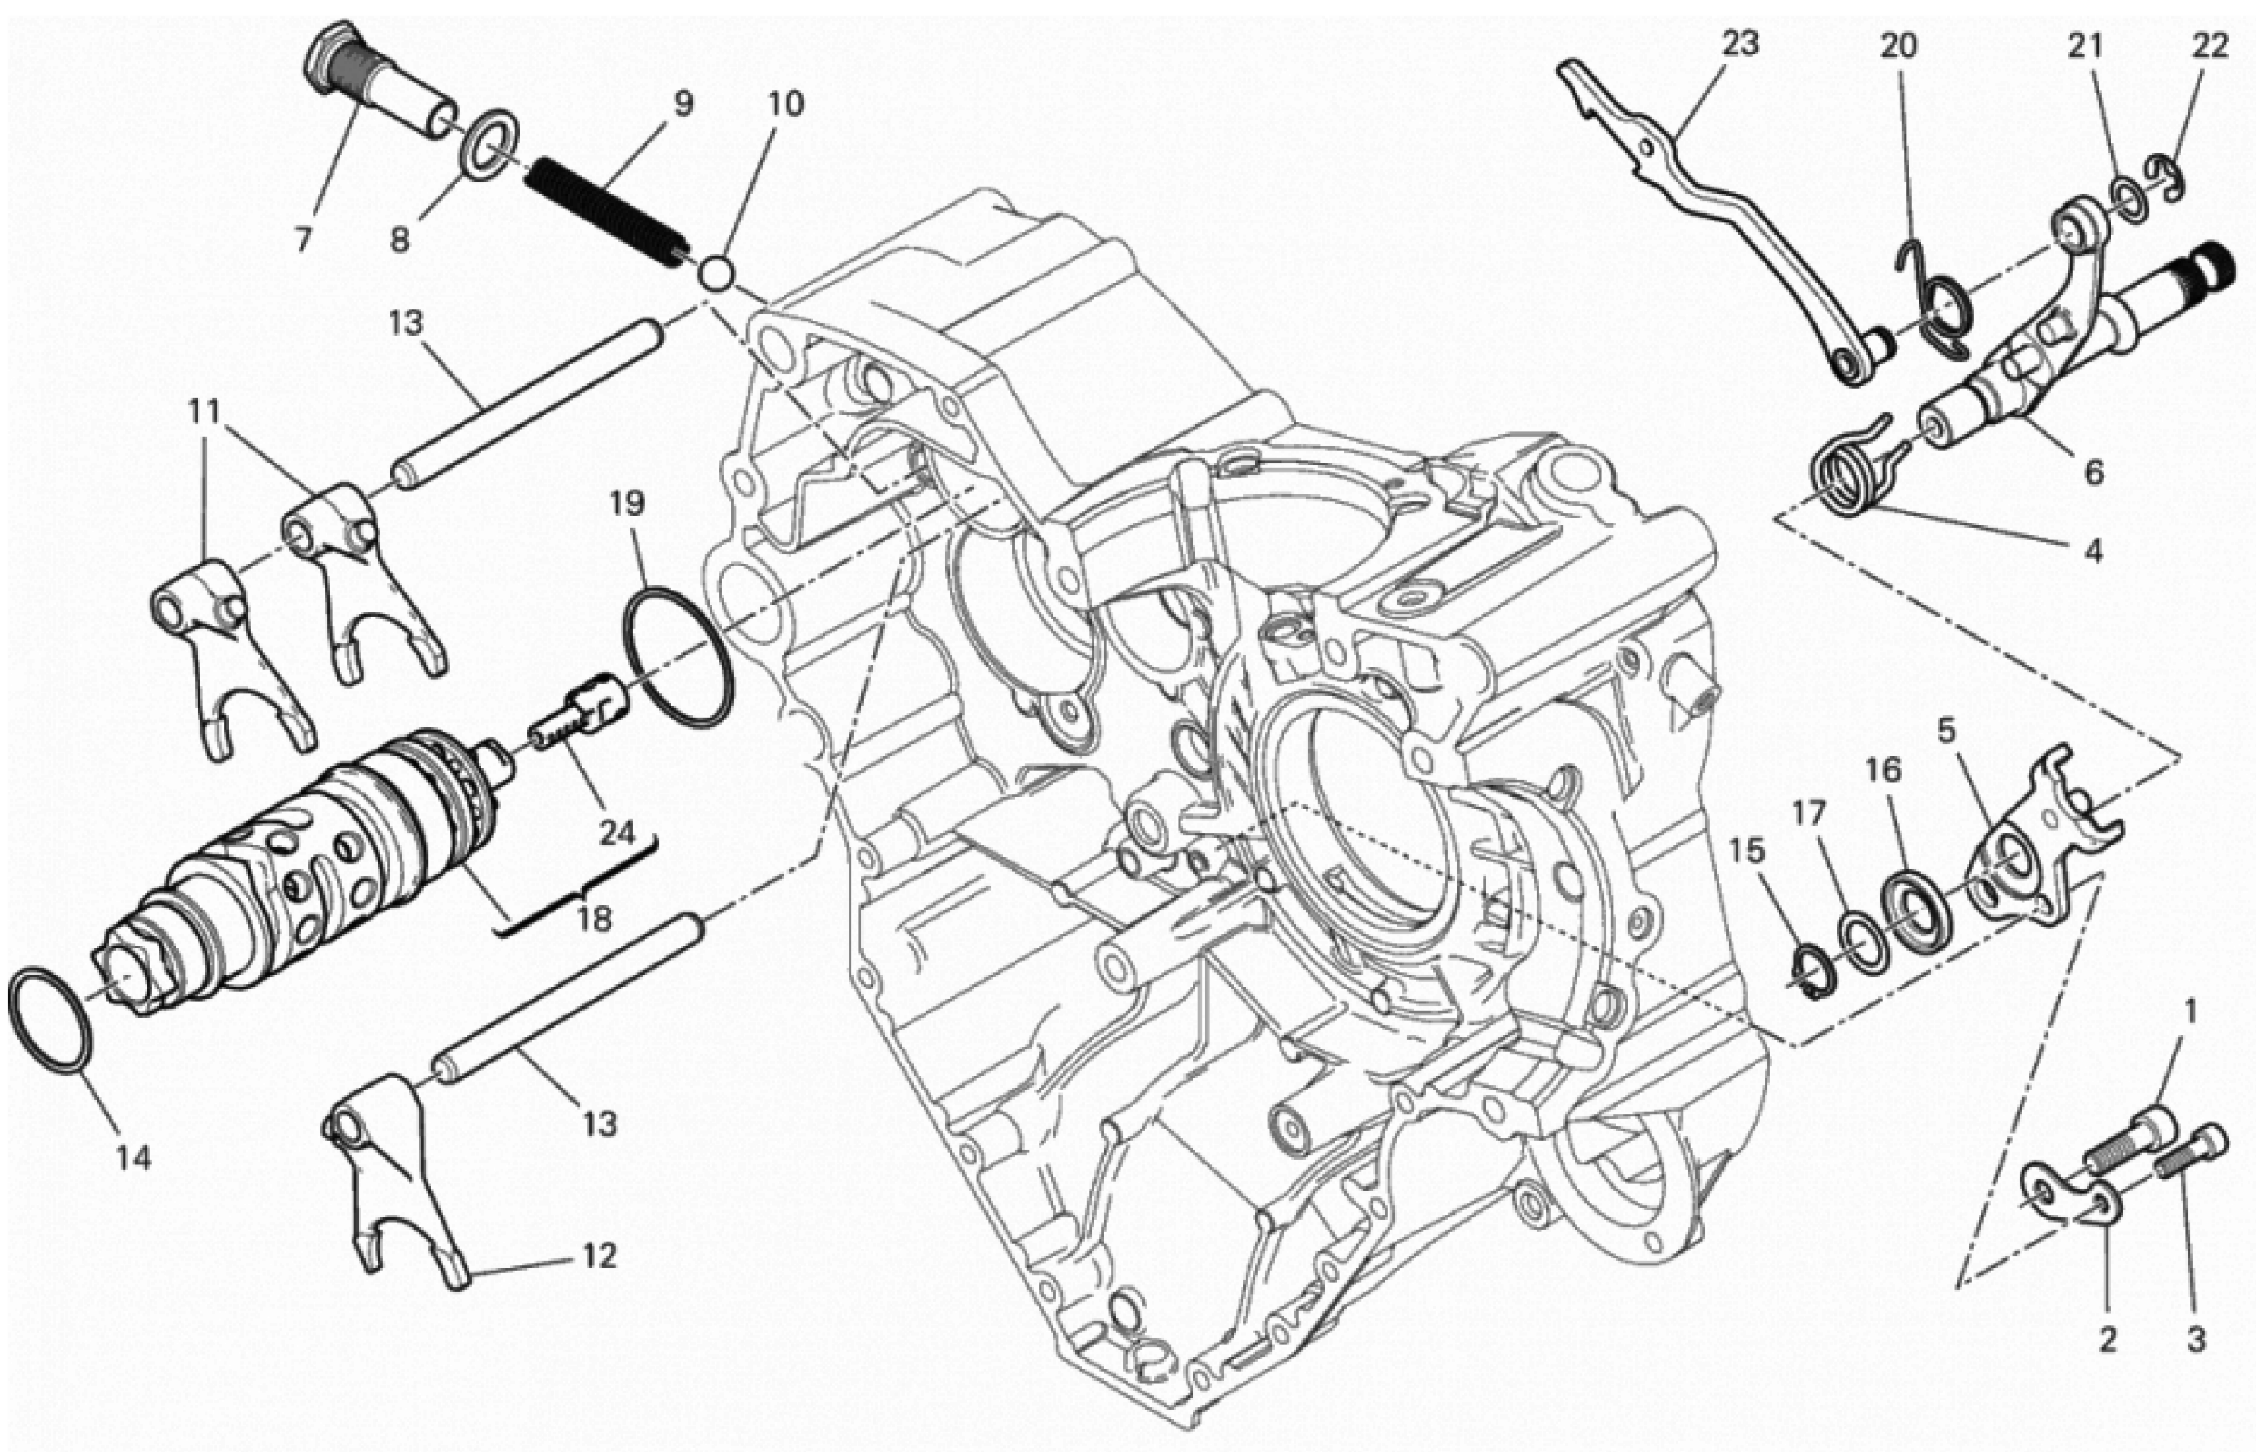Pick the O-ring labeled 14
(52, 1018)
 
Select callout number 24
(618, 834)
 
